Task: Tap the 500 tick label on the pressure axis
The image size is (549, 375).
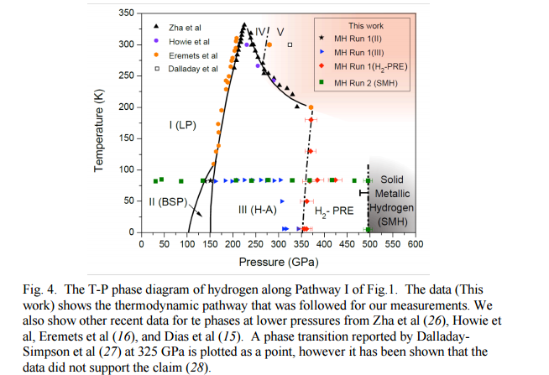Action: [369, 244]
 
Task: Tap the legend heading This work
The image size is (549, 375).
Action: [367, 26]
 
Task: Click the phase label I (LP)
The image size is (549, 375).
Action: [181, 125]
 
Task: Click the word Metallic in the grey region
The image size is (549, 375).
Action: [391, 194]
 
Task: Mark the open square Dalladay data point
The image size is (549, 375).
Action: [289, 44]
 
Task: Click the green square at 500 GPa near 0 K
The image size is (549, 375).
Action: [369, 229]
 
